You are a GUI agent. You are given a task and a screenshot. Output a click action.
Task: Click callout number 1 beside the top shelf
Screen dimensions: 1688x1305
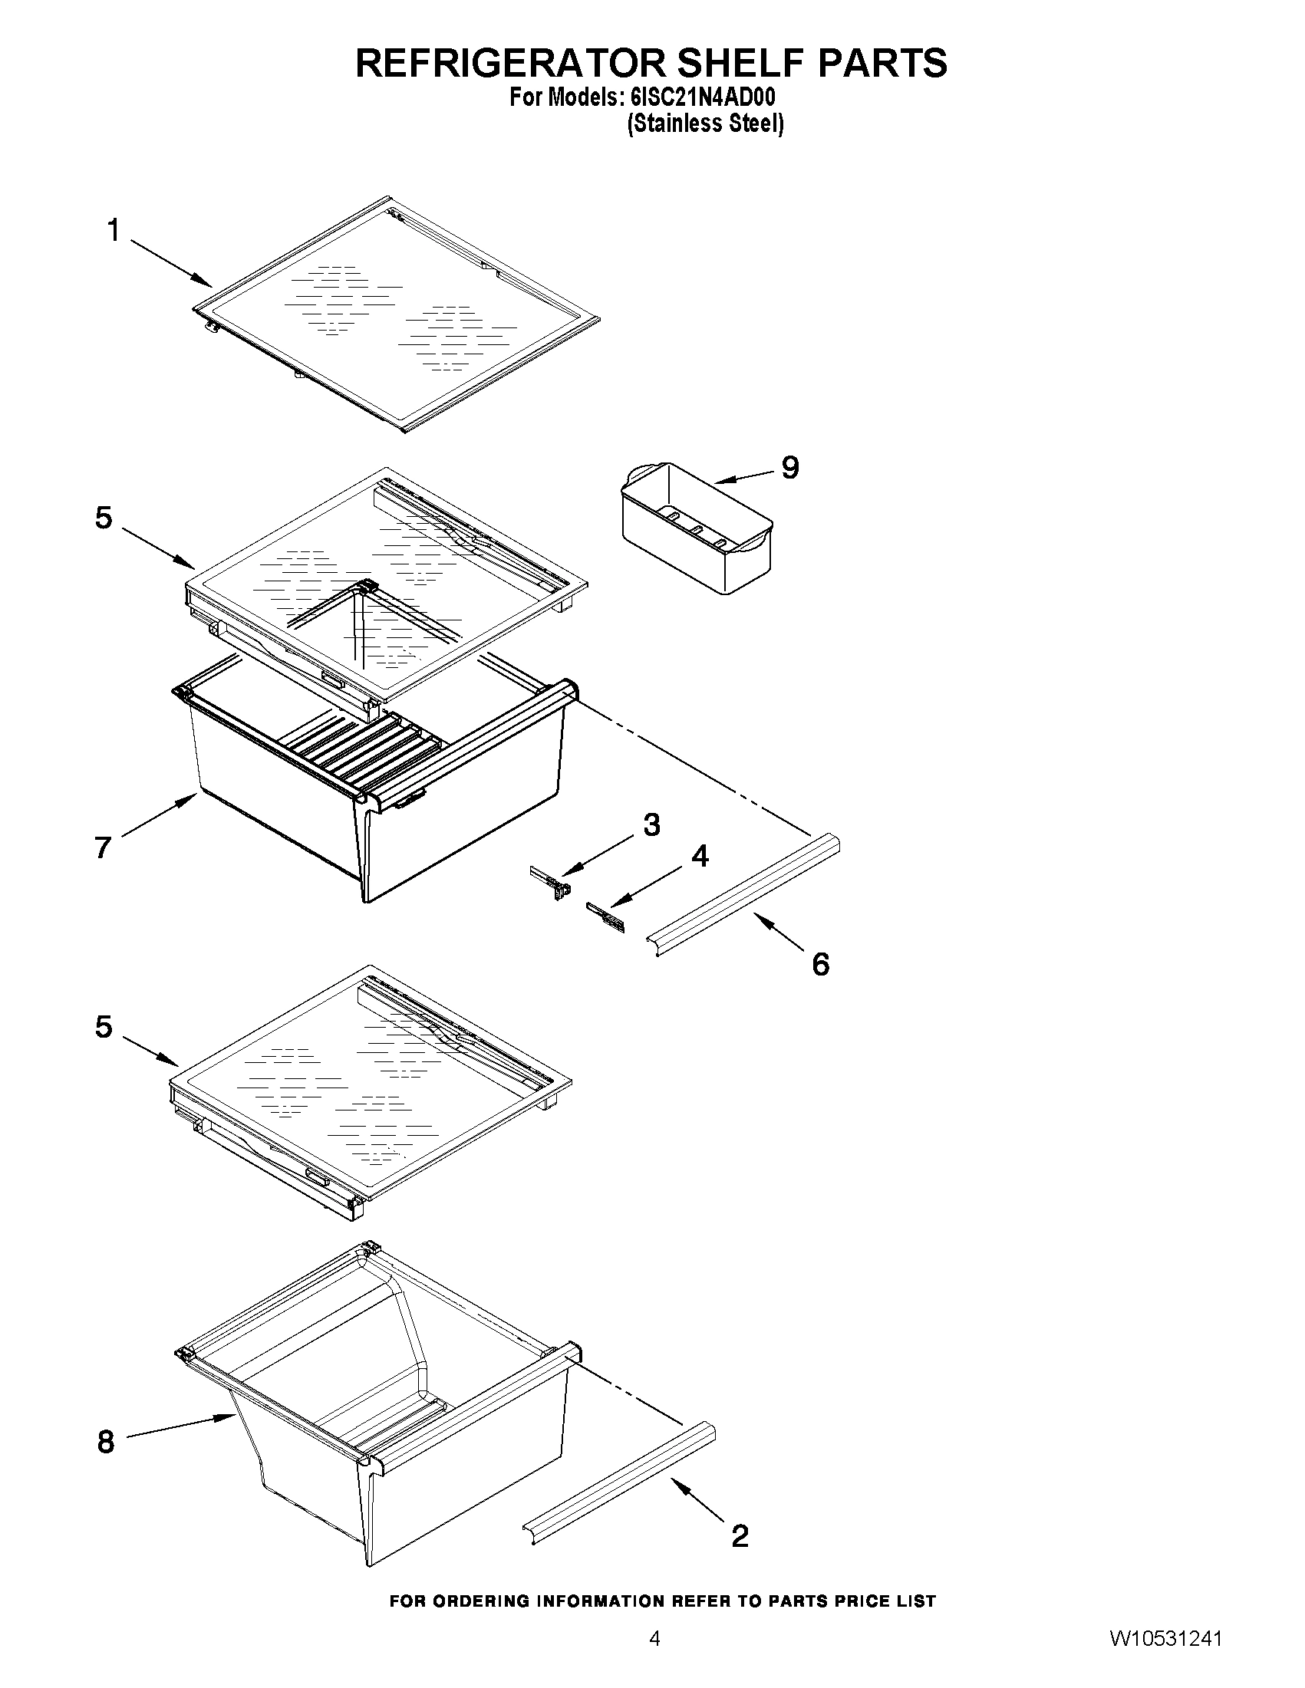(114, 230)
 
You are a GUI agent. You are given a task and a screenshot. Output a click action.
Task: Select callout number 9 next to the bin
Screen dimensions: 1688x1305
(790, 467)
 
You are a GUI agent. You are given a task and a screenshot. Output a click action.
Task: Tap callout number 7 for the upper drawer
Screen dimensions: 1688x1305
(104, 847)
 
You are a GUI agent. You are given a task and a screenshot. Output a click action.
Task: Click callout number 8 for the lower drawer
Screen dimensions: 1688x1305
(106, 1442)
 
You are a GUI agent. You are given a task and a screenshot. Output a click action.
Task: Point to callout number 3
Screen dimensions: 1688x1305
(651, 824)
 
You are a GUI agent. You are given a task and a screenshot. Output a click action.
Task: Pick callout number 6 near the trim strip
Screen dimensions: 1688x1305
(820, 964)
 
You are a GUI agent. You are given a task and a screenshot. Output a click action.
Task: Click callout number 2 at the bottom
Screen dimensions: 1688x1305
(740, 1535)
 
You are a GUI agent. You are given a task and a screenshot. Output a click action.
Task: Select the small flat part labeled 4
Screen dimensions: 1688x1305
(607, 916)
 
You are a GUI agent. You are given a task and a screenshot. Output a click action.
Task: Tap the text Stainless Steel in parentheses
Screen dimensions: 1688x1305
(705, 123)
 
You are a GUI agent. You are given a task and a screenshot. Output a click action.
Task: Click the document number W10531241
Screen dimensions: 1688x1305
(1167, 1654)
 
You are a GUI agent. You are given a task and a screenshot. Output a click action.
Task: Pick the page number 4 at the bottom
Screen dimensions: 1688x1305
(654, 1654)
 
